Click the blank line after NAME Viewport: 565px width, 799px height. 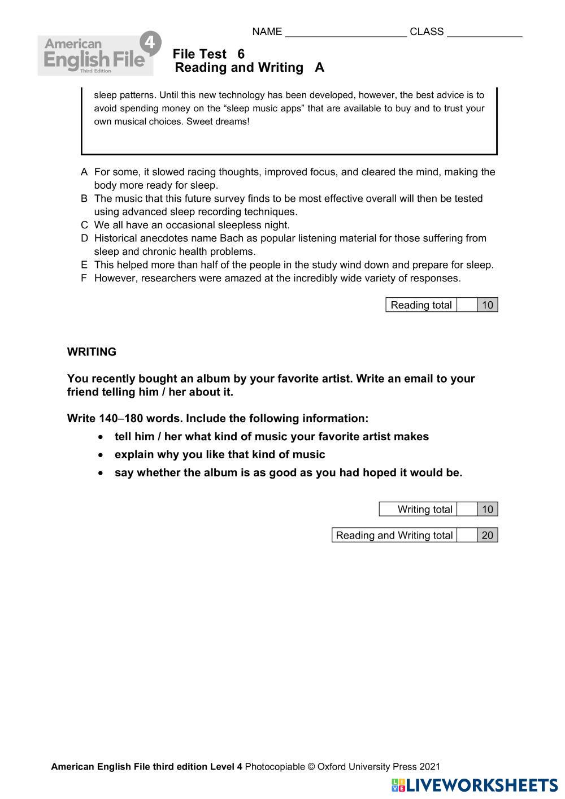pos(346,33)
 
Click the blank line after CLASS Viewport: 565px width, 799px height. pos(484,33)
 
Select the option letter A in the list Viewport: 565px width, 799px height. pos(84,172)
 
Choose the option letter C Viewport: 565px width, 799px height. pos(84,225)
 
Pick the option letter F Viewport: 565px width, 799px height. pos(84,278)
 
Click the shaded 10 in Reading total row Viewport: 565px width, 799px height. pos(488,305)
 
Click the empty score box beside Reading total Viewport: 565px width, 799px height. pos(467,305)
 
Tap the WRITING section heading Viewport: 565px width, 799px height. pos(92,352)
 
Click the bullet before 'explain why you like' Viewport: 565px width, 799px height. pos(101,455)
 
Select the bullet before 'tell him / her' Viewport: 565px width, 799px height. pos(101,437)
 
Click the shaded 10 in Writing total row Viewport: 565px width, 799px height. pos(488,509)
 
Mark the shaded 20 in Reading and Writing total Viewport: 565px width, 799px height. pos(488,535)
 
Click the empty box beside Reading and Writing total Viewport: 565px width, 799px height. pos(467,535)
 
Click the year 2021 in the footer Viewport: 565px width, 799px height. pos(429,767)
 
